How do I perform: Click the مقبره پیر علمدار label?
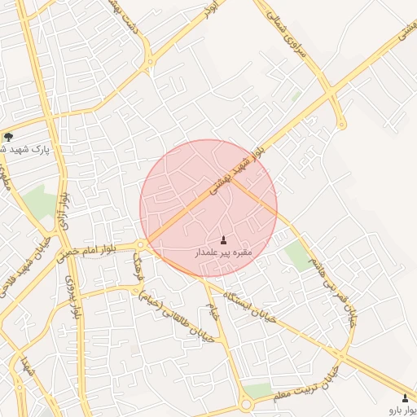tap(224, 253)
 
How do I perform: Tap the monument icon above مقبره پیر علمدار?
tap(224, 240)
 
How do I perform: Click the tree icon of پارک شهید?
tap(8, 137)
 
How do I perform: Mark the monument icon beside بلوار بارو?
tap(406, 397)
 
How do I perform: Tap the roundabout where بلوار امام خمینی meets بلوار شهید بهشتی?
tap(141, 245)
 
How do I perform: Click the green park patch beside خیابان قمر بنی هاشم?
tap(300, 257)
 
